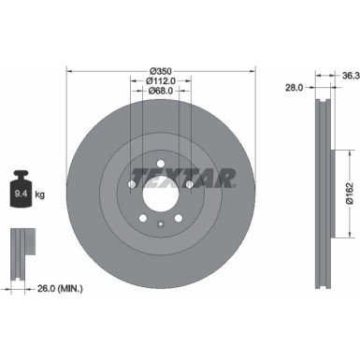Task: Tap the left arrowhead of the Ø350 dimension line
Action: [70, 74]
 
